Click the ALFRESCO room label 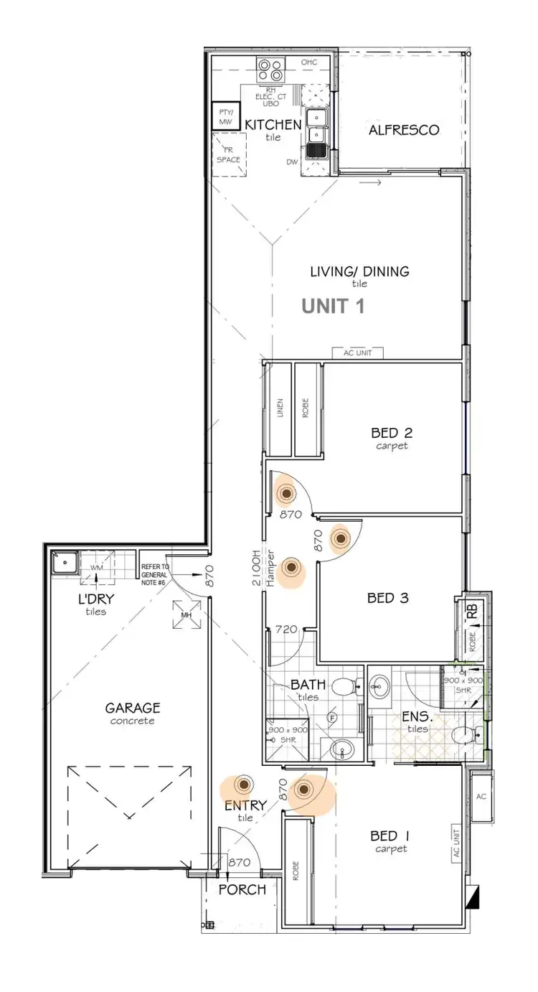[404, 130]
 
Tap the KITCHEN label [273, 125]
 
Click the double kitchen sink [316, 133]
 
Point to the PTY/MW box [227, 118]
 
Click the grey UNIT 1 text [333, 307]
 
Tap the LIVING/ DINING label [359, 271]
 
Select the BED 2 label [392, 433]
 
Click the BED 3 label [388, 597]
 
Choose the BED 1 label [390, 836]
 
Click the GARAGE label [133, 708]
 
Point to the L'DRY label [95, 599]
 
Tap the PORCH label [242, 890]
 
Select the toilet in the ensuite [463, 734]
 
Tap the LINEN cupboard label [280, 408]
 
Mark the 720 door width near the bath [286, 630]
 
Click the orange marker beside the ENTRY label [245, 785]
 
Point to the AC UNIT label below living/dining [358, 352]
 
